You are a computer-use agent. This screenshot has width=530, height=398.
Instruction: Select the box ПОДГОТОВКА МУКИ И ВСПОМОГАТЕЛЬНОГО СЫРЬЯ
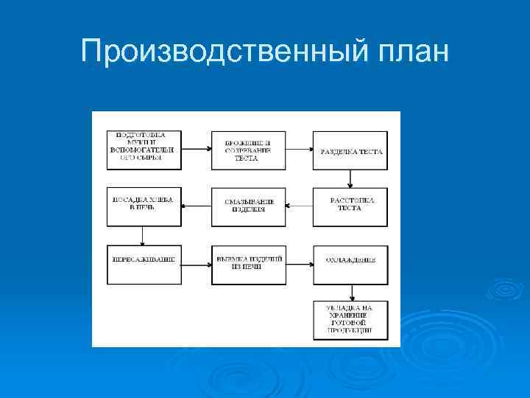coord(144,150)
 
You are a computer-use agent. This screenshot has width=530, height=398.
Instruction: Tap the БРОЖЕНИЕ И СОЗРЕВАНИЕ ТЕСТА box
coord(248,150)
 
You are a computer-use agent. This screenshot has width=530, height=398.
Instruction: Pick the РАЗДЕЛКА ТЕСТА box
coord(350,150)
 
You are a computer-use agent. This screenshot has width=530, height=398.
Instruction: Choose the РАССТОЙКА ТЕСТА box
coord(350,207)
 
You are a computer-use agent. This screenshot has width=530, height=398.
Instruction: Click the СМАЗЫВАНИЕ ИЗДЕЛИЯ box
coord(248,207)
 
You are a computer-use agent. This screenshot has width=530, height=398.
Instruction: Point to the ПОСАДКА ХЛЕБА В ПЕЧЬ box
coord(144,207)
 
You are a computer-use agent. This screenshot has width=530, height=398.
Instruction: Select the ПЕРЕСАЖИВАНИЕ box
coord(144,264)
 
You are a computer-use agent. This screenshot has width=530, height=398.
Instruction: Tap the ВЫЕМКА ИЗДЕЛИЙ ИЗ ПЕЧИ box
coord(248,264)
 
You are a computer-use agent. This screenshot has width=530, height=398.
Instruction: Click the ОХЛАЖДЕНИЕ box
coord(350,264)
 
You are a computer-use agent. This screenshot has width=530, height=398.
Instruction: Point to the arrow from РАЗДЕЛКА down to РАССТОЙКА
coord(350,179)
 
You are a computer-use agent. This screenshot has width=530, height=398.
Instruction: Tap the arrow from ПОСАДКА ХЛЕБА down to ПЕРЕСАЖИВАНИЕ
coord(143,236)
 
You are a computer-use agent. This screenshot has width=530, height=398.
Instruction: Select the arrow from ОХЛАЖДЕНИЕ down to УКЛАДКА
coord(350,293)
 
